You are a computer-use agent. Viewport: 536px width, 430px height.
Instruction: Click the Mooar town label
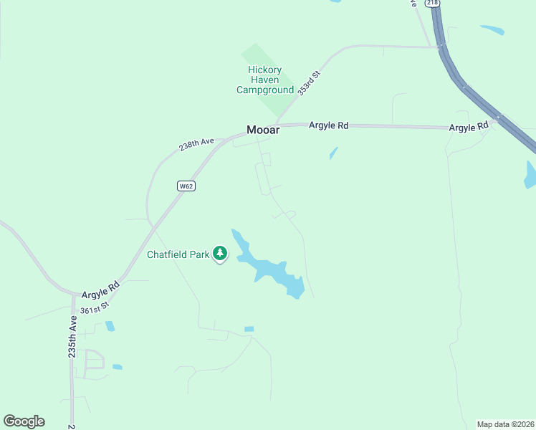coord(262,130)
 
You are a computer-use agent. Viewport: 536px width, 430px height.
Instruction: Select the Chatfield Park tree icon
coord(221,253)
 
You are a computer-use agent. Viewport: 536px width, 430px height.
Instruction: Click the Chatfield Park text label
coord(178,254)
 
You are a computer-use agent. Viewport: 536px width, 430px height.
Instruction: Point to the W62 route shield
coord(186,186)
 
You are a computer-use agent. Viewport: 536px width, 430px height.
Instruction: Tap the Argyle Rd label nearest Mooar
coord(328,125)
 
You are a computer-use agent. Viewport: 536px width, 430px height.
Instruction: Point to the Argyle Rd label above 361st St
coord(100,290)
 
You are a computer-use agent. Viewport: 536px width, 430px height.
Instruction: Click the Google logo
coord(24,421)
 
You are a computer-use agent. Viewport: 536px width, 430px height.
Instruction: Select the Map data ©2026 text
coord(505,424)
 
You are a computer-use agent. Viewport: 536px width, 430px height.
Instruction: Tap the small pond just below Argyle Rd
coord(333,153)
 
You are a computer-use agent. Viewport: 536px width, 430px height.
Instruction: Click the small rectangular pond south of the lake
coord(249,329)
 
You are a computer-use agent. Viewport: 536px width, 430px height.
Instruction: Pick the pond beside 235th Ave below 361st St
coord(110,326)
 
